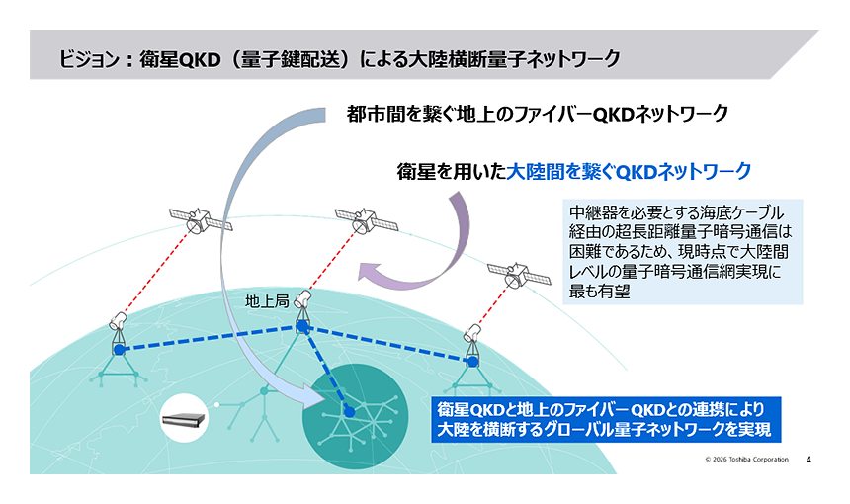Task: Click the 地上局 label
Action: tap(267, 300)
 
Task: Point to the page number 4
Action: tap(809, 460)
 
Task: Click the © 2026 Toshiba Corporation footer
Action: tap(746, 460)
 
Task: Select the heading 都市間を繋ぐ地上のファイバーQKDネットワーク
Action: tap(538, 114)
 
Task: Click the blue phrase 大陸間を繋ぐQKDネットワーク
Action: tap(629, 171)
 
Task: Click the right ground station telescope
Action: tap(473, 337)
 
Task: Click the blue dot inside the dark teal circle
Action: tap(348, 411)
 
